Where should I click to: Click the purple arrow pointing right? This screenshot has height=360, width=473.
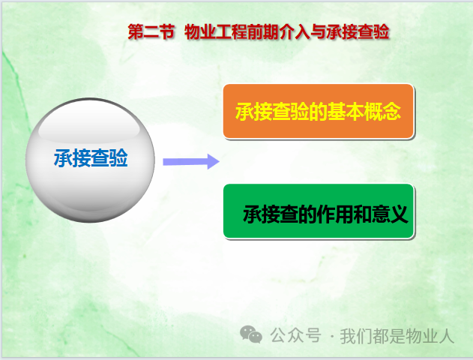[x=191, y=162]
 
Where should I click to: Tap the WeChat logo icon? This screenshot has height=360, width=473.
[x=250, y=334]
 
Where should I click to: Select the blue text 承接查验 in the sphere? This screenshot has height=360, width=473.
[x=91, y=157]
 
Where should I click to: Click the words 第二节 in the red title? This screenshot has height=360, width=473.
[x=151, y=31]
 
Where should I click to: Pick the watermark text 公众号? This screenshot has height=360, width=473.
[x=295, y=335]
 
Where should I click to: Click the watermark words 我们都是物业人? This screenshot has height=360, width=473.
[x=397, y=336]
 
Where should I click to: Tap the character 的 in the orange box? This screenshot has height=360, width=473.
[x=319, y=111]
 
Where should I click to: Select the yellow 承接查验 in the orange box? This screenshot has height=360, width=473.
[x=272, y=111]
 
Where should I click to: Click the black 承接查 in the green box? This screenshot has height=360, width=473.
[x=271, y=214]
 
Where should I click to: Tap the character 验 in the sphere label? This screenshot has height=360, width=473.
[x=118, y=157]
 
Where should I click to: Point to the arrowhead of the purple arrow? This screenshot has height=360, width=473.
[x=214, y=162]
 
